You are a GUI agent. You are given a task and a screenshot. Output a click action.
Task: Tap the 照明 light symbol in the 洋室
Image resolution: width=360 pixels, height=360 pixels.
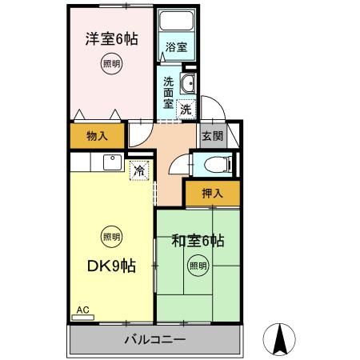(111, 64)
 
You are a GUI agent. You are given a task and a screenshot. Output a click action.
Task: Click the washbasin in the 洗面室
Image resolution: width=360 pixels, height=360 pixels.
(189, 86)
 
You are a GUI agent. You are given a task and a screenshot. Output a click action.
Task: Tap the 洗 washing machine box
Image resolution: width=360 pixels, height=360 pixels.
(186, 109)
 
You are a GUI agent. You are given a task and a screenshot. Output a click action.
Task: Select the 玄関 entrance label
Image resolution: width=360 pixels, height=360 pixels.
(211, 135)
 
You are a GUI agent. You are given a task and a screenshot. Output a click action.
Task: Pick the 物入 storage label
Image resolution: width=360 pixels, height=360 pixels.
(97, 136)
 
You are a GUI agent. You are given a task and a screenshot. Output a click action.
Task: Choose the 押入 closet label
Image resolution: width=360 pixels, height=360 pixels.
(210, 193)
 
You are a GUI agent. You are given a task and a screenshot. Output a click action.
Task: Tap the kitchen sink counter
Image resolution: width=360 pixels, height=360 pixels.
(107, 163)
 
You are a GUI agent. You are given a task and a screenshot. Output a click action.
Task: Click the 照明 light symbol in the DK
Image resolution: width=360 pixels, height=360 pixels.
(111, 237)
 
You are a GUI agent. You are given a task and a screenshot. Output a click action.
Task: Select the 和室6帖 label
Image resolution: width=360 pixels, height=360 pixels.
(198, 241)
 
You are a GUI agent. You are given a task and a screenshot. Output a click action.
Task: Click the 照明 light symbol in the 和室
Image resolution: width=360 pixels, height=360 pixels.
(197, 266)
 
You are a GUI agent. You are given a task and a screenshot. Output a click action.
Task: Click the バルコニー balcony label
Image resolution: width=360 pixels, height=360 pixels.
(155, 340)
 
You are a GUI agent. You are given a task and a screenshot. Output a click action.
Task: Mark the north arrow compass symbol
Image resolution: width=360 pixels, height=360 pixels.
(280, 339)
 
